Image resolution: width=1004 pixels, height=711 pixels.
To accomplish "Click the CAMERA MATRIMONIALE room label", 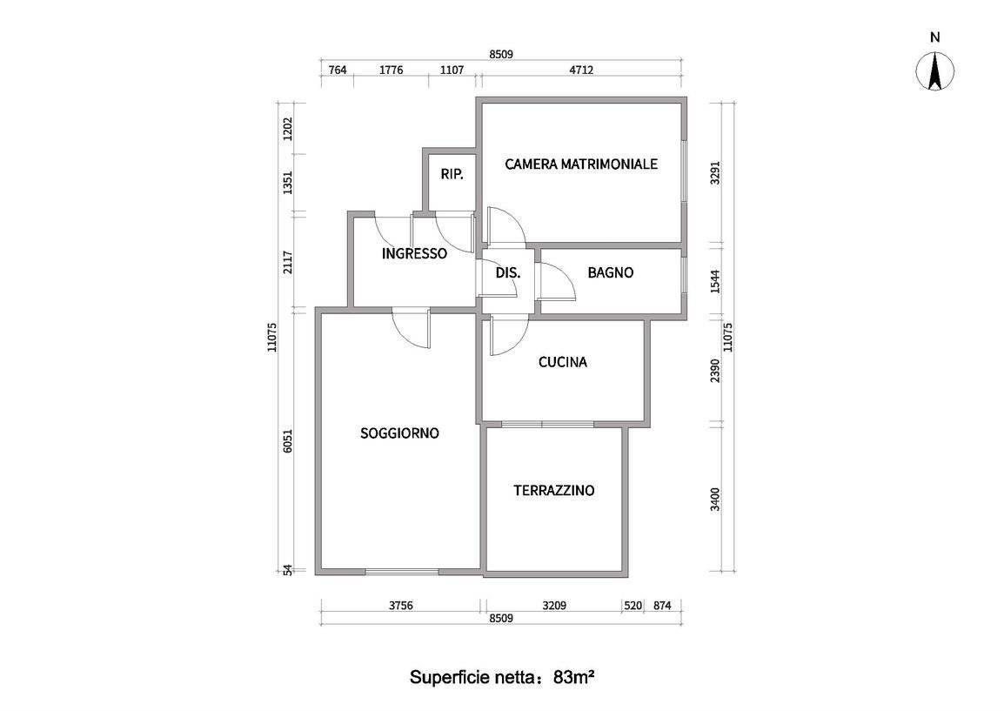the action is [581, 164].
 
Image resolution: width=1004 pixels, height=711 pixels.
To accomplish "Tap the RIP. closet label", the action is [452, 174].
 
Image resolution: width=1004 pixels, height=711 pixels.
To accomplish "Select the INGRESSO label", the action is [414, 253].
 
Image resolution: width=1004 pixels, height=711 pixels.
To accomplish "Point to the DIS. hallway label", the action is [508, 273].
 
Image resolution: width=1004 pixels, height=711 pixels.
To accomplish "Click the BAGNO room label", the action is [610, 273].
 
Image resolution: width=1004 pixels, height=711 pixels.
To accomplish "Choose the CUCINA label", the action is [562, 363].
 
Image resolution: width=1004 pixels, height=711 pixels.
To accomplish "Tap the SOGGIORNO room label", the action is [399, 433].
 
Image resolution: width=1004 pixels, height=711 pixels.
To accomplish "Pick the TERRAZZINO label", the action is [554, 491].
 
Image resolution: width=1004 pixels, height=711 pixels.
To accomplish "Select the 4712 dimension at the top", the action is [581, 70].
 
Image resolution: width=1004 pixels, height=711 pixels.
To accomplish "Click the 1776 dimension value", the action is [391, 70].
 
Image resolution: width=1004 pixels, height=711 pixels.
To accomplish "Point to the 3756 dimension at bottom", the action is [401, 606].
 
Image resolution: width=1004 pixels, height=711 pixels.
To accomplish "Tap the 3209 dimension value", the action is [554, 606].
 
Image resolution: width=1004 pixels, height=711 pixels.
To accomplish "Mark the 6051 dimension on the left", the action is [288, 440].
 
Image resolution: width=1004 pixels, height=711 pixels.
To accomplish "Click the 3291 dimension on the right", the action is [715, 173].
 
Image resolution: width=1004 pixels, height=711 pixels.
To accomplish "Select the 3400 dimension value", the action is [715, 500].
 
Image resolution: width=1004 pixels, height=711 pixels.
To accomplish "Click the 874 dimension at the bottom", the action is [662, 606].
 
